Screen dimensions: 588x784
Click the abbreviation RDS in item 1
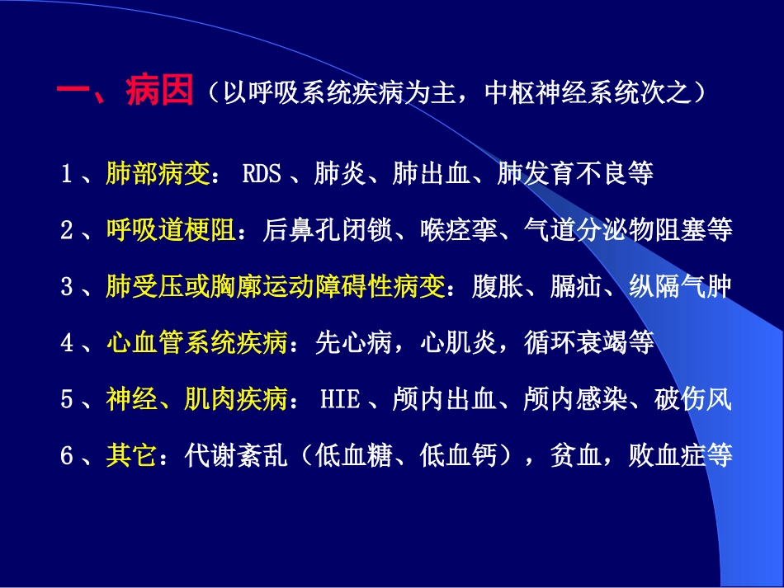coord(262,174)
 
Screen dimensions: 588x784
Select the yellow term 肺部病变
coord(158,174)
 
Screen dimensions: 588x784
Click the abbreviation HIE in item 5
coord(340,400)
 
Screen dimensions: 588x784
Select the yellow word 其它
coord(131,456)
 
